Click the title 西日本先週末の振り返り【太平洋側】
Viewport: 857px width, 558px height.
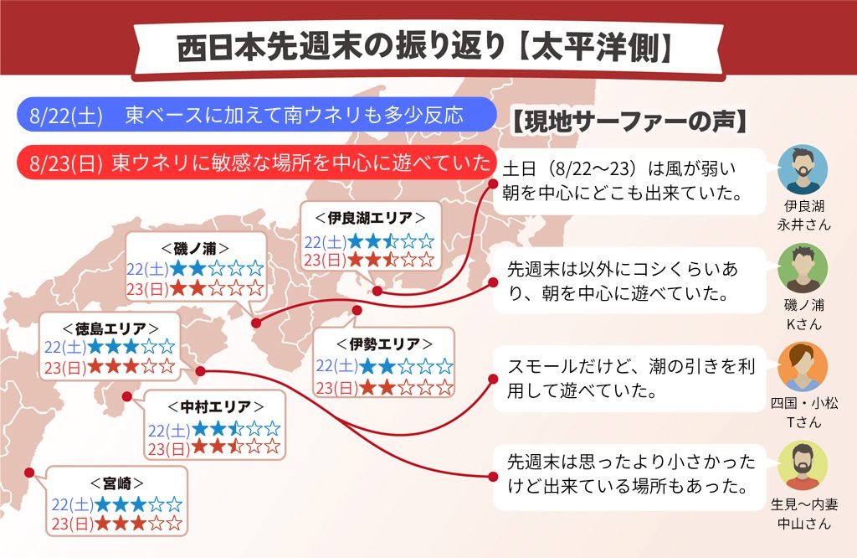pyautogui.click(x=424, y=47)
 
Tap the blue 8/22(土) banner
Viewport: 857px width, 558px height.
pyautogui.click(x=256, y=115)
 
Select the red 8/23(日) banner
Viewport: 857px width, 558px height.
pyautogui.click(x=257, y=163)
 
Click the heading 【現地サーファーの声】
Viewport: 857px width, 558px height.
pyautogui.click(x=629, y=121)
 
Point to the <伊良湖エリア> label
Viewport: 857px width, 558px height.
pyautogui.click(x=370, y=219)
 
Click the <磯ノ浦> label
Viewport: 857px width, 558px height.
pyautogui.click(x=195, y=249)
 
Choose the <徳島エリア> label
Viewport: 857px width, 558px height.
pyautogui.click(x=110, y=328)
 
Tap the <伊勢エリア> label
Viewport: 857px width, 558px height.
pyautogui.click(x=384, y=344)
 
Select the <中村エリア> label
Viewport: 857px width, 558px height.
pyautogui.click(x=215, y=407)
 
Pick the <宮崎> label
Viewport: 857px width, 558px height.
pyautogui.click(x=117, y=483)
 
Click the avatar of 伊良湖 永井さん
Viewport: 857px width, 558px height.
pyautogui.click(x=803, y=169)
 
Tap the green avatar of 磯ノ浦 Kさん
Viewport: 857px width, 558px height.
pyautogui.click(x=803, y=268)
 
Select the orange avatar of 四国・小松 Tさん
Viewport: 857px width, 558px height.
pyautogui.click(x=803, y=366)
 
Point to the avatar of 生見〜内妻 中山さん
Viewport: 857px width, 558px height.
pyautogui.click(x=803, y=466)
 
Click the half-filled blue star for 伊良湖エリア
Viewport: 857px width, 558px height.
pyautogui.click(x=391, y=240)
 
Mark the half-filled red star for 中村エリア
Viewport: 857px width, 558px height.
pyautogui.click(x=235, y=447)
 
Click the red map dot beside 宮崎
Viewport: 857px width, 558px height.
pyautogui.click(x=29, y=473)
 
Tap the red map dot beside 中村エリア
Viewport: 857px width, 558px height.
pyautogui.click(x=127, y=396)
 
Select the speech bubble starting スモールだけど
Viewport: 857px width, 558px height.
pyautogui.click(x=629, y=378)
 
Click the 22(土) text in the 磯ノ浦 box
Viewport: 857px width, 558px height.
pyautogui.click(x=147, y=269)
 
